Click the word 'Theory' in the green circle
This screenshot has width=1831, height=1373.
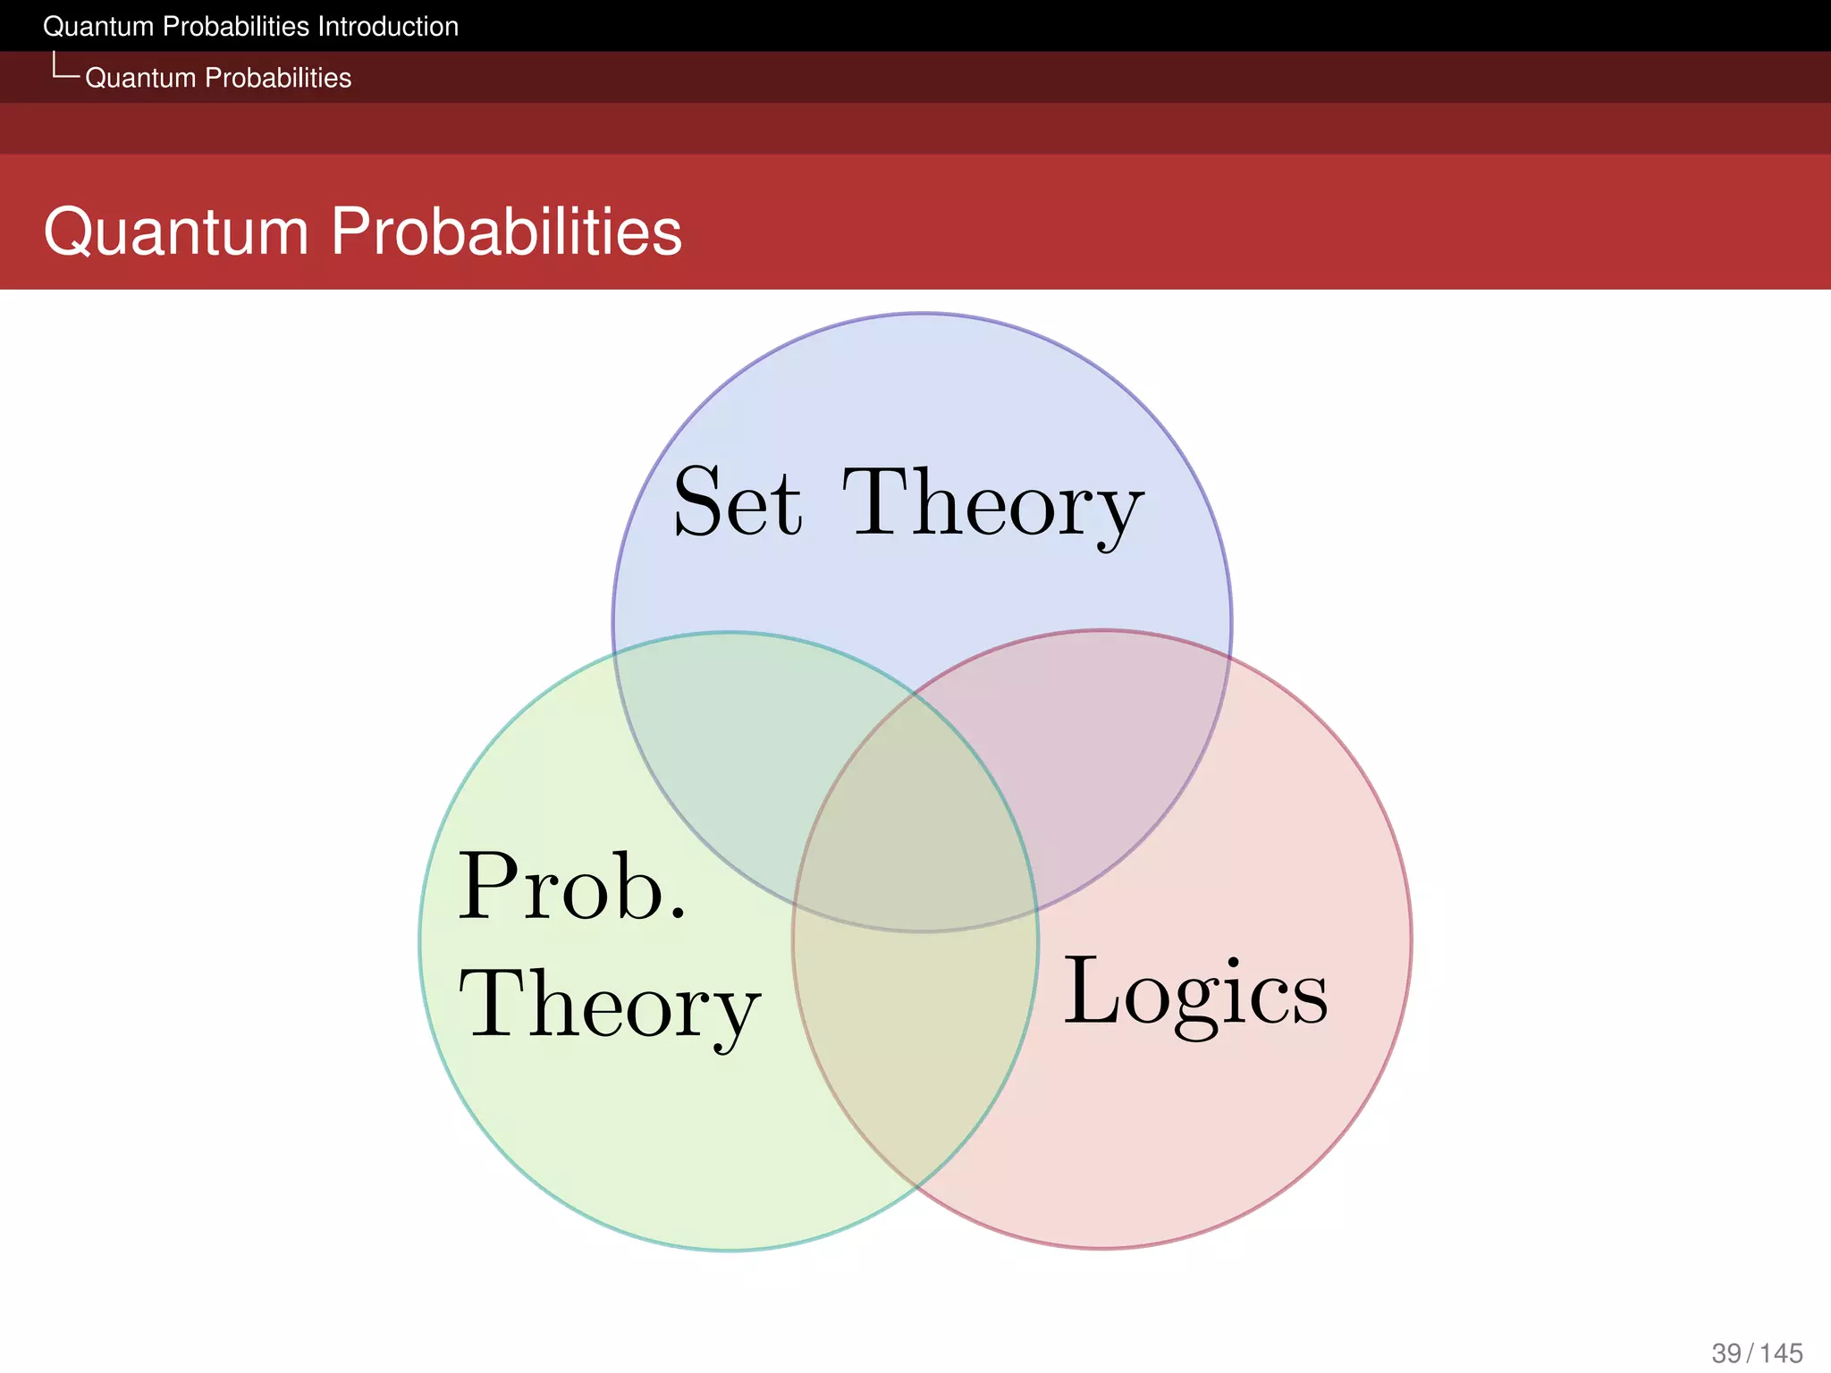click(x=609, y=1006)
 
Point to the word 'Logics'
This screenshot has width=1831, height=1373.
click(x=1195, y=994)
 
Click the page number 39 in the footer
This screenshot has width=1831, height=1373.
click(x=1726, y=1353)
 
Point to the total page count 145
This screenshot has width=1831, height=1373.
click(x=1781, y=1353)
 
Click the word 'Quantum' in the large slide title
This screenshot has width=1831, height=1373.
click(x=176, y=232)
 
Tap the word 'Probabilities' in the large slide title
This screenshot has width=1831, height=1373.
click(x=506, y=232)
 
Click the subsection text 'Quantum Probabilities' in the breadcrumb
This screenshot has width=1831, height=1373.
click(x=218, y=78)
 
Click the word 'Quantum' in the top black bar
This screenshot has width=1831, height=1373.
click(x=98, y=27)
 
